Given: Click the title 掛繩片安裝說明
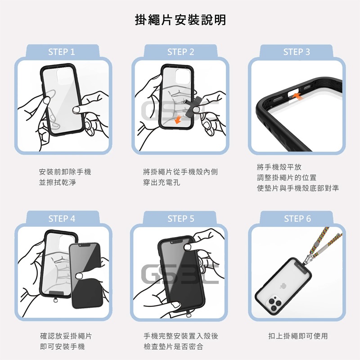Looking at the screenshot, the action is point(180,20).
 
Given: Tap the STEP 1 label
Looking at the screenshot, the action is point(62,52).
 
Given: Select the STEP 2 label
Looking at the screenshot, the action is point(181,52).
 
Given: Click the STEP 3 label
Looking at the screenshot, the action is point(297,52).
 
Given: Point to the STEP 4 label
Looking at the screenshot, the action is point(62,219).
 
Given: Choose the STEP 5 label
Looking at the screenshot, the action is point(181,219).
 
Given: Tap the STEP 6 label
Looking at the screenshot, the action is point(297,219).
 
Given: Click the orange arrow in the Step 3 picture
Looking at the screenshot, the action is point(298,96).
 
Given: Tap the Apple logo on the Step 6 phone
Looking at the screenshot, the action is point(283,286).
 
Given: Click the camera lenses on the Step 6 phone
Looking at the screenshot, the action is point(274,304).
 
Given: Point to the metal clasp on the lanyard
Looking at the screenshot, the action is point(307,259).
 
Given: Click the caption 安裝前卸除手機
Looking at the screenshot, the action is point(65,172).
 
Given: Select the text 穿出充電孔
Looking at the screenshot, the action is point(162,183).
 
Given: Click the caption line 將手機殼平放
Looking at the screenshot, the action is point(279,167).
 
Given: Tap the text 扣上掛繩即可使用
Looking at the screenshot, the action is point(298,336).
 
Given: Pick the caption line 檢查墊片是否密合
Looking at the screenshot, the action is point(173,346).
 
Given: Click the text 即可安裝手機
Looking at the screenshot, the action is point(62,346).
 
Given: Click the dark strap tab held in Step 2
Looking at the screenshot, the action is point(194,106).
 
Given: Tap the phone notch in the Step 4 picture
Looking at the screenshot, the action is point(84,245).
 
